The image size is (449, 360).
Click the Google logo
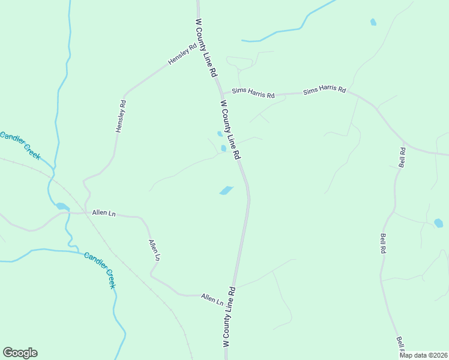(x=20, y=353)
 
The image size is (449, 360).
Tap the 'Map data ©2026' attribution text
(x=423, y=355)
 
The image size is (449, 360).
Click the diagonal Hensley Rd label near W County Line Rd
(x=182, y=55)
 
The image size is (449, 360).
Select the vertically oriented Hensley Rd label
(x=121, y=116)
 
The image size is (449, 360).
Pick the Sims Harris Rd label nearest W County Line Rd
(x=253, y=95)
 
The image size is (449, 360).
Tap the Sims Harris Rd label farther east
(x=324, y=91)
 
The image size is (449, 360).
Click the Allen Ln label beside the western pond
(x=103, y=213)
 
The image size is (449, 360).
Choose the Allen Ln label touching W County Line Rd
(x=212, y=298)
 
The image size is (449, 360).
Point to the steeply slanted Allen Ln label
(x=154, y=250)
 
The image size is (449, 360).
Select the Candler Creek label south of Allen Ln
(x=99, y=270)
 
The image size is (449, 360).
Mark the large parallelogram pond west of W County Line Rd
(x=226, y=190)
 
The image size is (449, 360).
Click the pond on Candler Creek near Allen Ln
(x=62, y=206)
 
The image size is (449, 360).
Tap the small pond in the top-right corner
(x=373, y=22)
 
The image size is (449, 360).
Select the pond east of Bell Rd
(x=438, y=223)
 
